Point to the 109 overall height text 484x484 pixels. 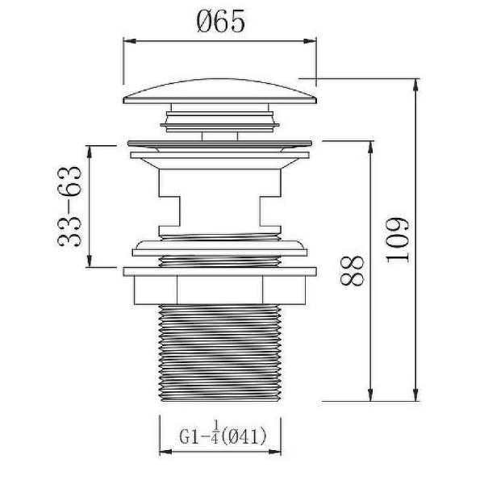(398, 238)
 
